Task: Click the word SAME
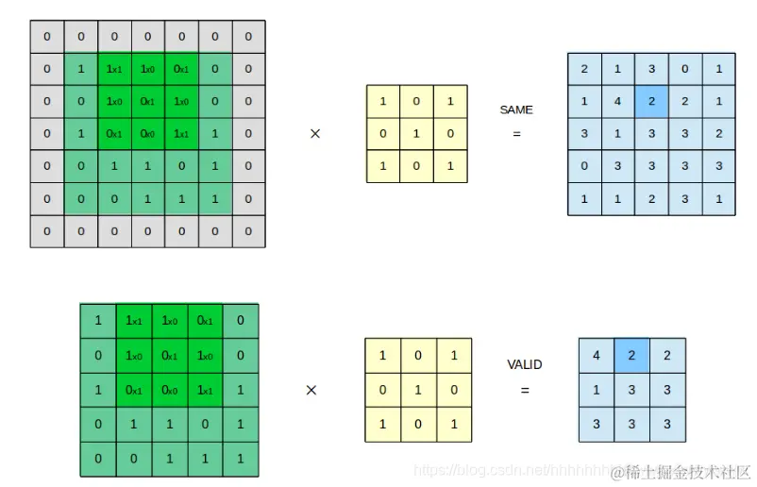[x=516, y=110]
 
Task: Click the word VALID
[x=525, y=364]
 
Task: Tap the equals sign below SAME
[x=516, y=134]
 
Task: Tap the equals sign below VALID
[x=525, y=389]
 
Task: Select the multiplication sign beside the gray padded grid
[x=315, y=134]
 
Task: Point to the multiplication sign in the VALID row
[x=311, y=389]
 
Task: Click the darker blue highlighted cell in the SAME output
[x=652, y=101]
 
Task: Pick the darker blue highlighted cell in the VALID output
[x=631, y=356]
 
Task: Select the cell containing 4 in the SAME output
[x=618, y=101]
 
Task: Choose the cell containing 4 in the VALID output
[x=597, y=356]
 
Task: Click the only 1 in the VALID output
[x=597, y=390]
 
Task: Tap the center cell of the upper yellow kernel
[x=416, y=134]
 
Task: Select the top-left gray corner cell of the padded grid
[x=47, y=38]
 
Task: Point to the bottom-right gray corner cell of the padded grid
[x=248, y=231]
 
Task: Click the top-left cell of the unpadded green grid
[x=98, y=321]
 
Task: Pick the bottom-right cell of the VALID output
[x=667, y=425]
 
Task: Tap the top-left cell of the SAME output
[x=584, y=69]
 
